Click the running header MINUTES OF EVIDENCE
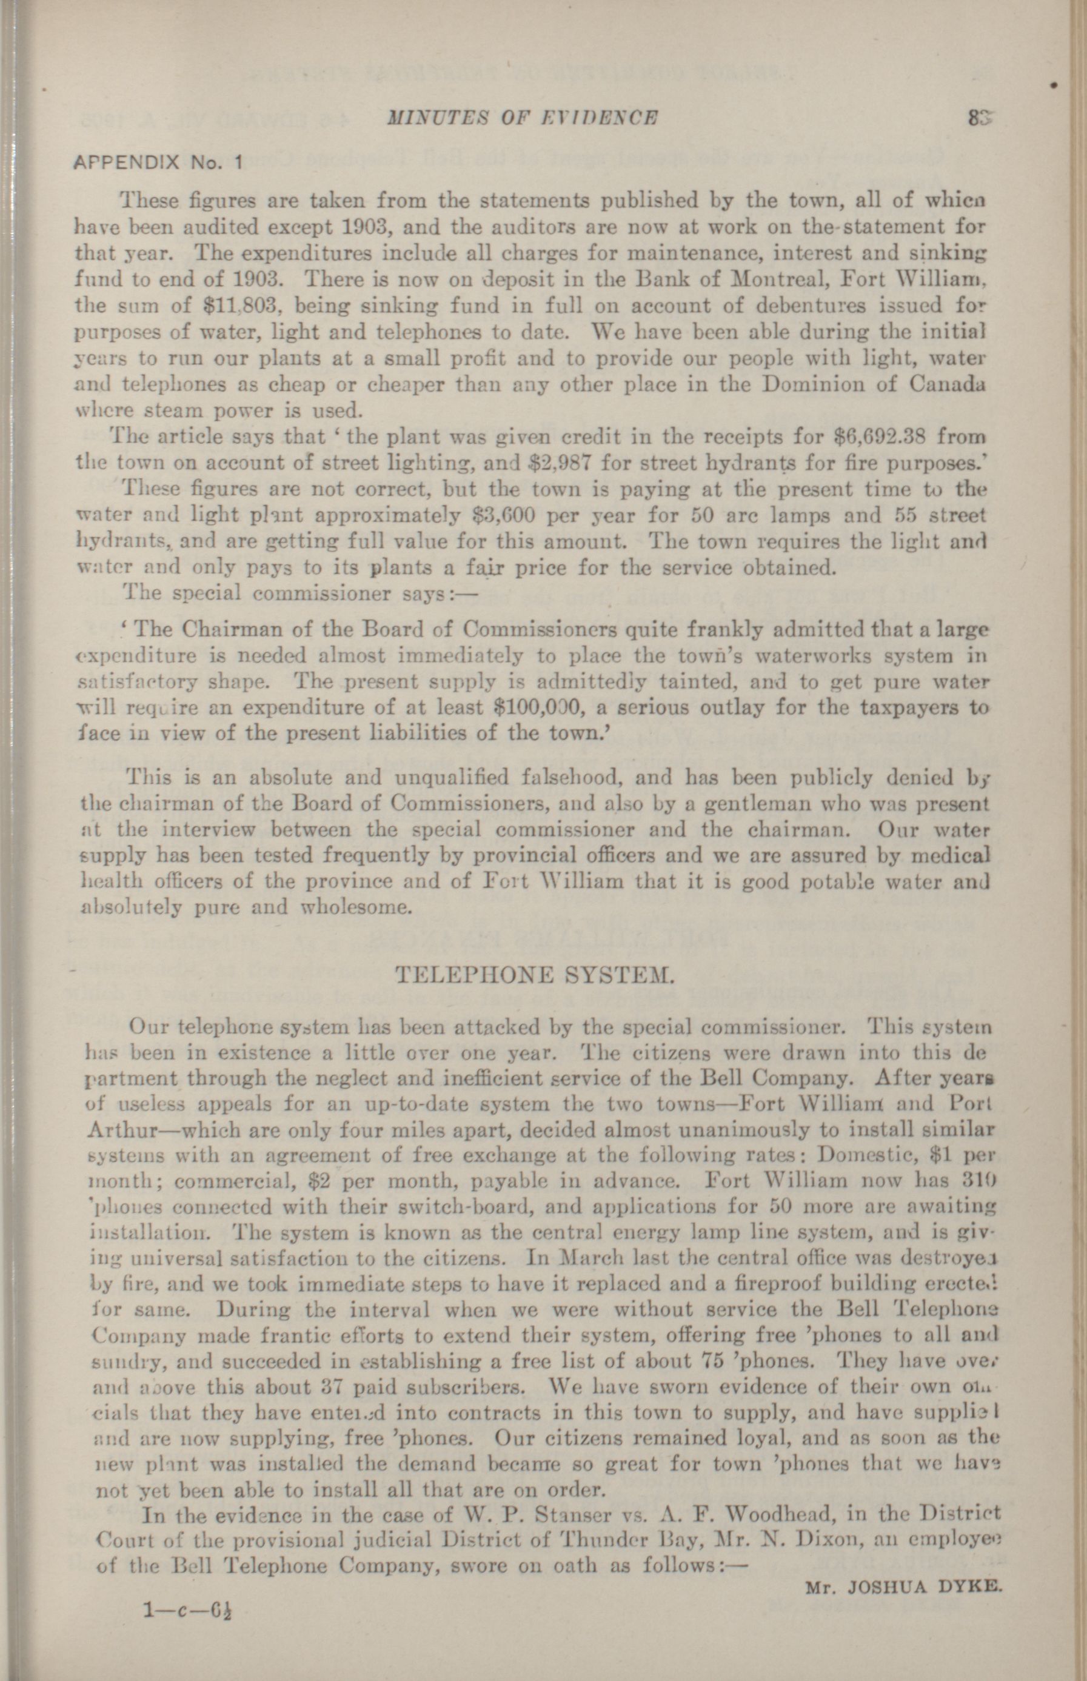pyautogui.click(x=523, y=117)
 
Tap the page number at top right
pyautogui.click(x=980, y=117)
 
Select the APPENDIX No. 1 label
pyautogui.click(x=159, y=162)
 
